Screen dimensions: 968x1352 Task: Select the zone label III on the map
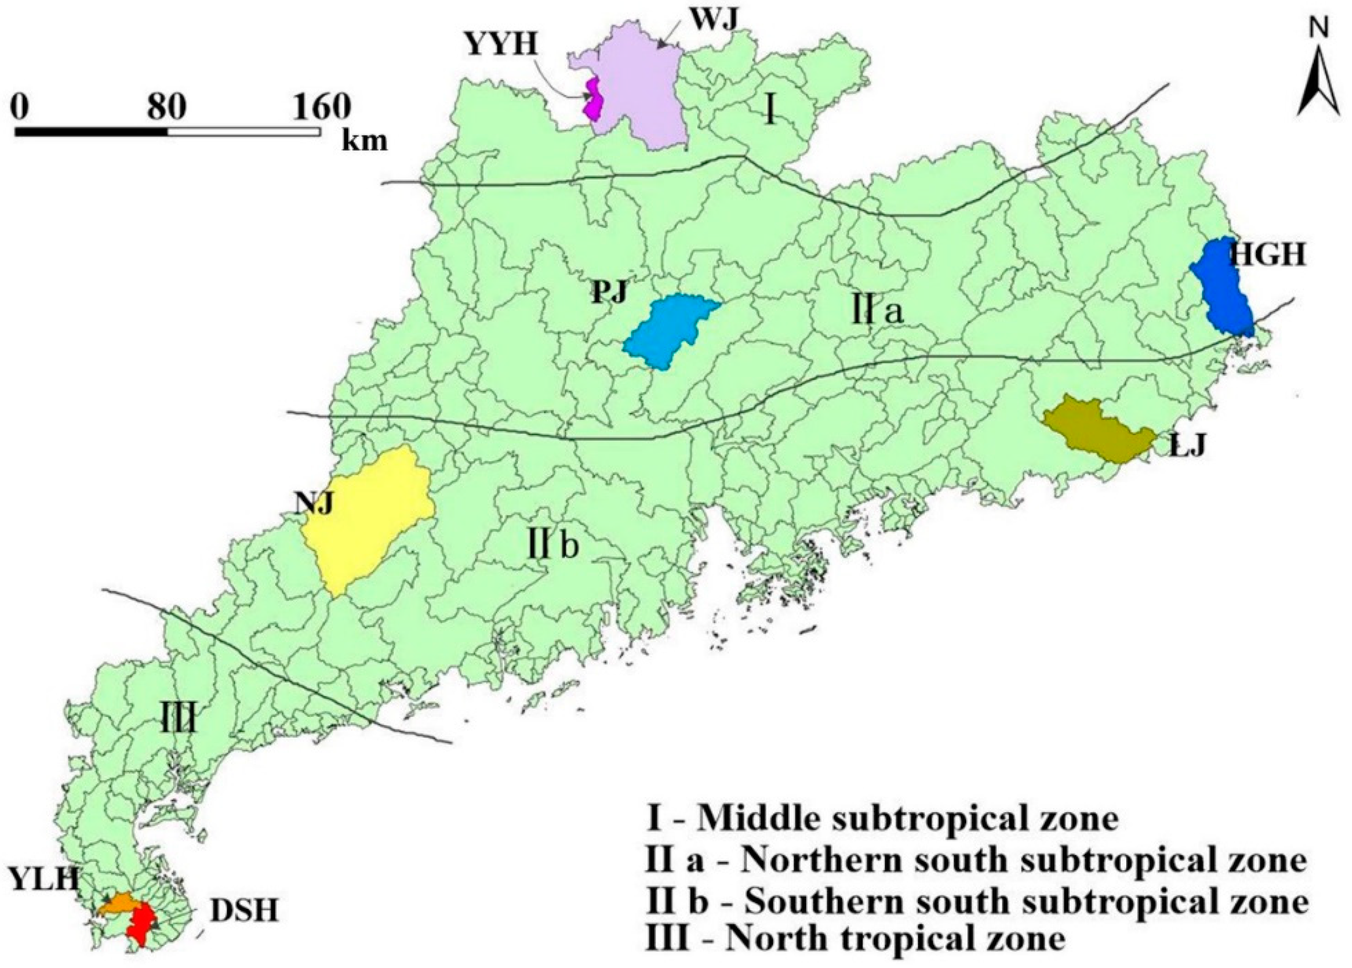point(179,723)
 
